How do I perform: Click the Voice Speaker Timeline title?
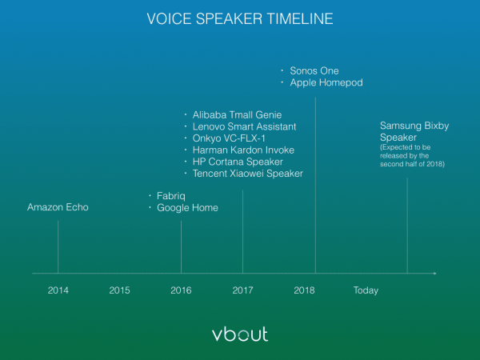[x=240, y=18]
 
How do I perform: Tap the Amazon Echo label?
[x=58, y=207]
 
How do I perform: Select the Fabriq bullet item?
[x=171, y=196]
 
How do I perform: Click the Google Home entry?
[x=187, y=208]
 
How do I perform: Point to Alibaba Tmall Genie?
[x=237, y=114]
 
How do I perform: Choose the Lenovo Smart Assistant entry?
[x=244, y=126]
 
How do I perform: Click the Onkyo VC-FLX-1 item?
[x=229, y=138]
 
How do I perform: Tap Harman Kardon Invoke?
[x=243, y=150]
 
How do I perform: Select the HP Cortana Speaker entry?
[x=238, y=162]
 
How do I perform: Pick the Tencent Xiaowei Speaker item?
[x=248, y=174]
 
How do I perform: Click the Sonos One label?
[x=314, y=70]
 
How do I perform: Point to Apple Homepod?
[x=326, y=82]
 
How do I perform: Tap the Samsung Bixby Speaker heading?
[x=414, y=132]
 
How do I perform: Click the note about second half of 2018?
[x=412, y=155]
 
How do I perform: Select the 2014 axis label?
[x=58, y=290]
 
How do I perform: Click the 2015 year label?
[x=119, y=290]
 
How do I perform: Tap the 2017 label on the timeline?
[x=242, y=290]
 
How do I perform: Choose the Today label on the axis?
[x=366, y=290]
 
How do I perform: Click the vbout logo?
[x=240, y=334]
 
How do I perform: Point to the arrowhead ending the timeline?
[x=434, y=273]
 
